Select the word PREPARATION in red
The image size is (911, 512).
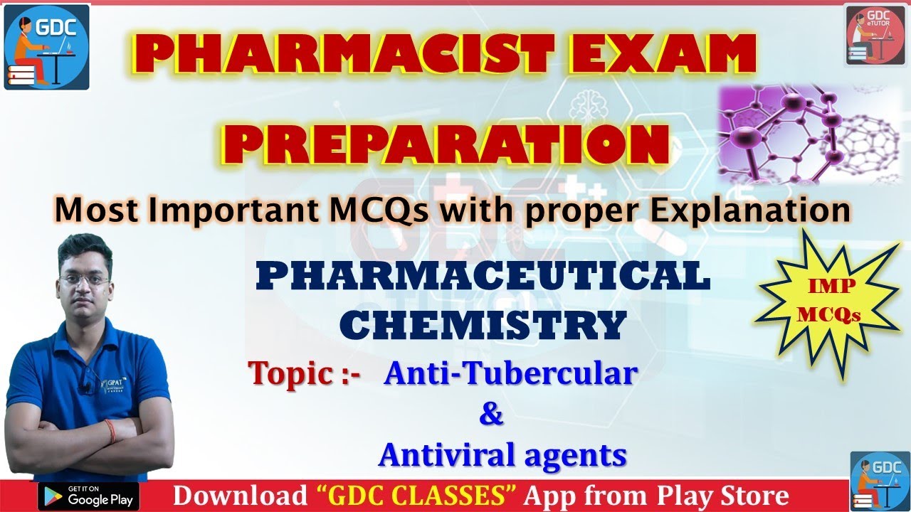pos(451,145)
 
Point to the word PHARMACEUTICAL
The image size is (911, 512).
pos(483,277)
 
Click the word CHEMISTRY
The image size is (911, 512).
pos(483,324)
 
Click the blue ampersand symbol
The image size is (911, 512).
pos(491,415)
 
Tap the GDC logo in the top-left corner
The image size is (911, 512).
pos(47,47)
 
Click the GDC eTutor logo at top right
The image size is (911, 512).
pos(875,34)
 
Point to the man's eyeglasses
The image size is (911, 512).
pos(84,280)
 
